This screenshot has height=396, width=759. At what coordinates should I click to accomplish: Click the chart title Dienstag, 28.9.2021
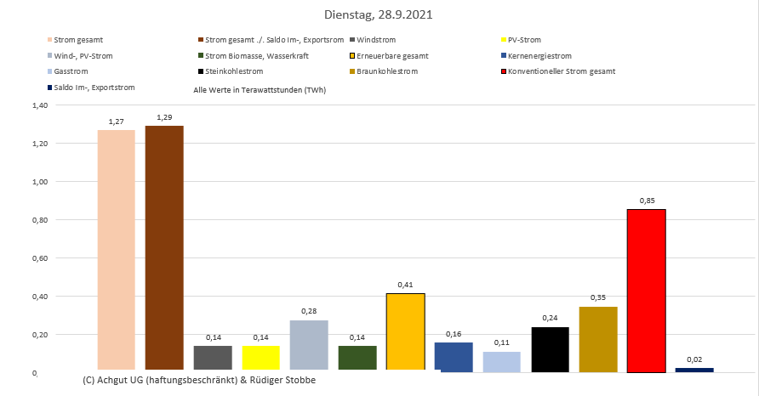click(x=379, y=14)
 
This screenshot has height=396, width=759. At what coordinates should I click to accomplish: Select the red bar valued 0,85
click(x=646, y=290)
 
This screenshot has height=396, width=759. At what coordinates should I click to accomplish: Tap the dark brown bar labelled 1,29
click(x=164, y=247)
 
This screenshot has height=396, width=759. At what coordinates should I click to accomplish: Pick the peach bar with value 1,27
click(x=117, y=250)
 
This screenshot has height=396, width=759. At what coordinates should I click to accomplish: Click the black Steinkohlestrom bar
click(x=550, y=348)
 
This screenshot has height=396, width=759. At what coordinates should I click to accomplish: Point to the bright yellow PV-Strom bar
click(x=260, y=358)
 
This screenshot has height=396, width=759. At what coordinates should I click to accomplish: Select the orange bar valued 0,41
click(x=405, y=331)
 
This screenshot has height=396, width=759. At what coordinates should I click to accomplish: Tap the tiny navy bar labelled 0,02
click(x=694, y=370)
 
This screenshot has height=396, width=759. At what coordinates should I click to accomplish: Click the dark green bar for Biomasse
click(x=357, y=358)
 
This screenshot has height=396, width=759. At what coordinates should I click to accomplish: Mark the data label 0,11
click(x=501, y=343)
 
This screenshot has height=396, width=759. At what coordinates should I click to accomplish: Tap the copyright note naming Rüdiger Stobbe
click(x=199, y=380)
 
